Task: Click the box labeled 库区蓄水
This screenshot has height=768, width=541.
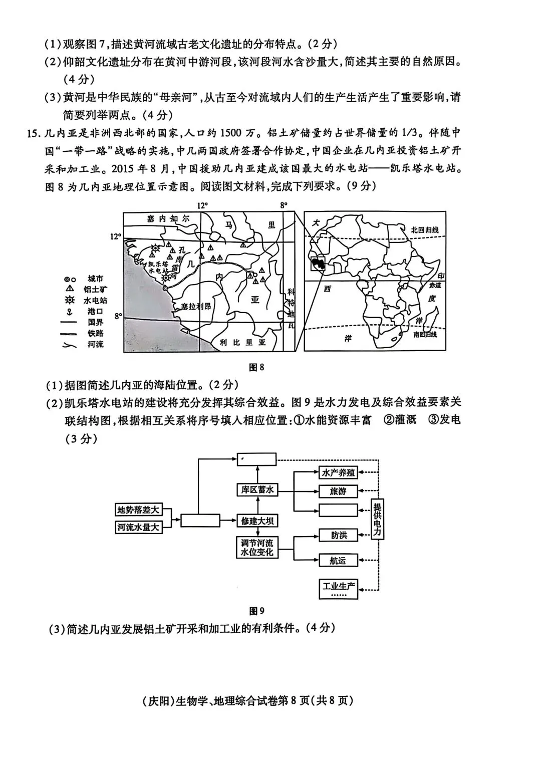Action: (257, 490)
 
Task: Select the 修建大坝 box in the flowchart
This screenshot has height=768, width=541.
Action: (257, 521)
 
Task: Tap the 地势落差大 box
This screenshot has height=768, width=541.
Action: (138, 510)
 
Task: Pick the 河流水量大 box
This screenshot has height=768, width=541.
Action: (138, 527)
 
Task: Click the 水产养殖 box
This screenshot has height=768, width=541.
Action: (339, 472)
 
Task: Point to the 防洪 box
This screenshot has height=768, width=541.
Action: (339, 535)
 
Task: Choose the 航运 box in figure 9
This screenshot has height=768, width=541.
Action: (339, 561)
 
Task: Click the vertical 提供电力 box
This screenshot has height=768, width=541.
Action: (378, 519)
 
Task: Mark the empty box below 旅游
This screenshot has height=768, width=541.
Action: (339, 510)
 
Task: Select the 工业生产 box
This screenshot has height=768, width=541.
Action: (339, 588)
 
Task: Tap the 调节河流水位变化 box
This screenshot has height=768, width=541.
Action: (257, 548)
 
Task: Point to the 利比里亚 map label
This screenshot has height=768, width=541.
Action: (245, 342)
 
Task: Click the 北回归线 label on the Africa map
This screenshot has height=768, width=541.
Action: (424, 230)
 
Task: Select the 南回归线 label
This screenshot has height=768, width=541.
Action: (425, 334)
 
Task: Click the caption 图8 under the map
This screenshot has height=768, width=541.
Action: (256, 367)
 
